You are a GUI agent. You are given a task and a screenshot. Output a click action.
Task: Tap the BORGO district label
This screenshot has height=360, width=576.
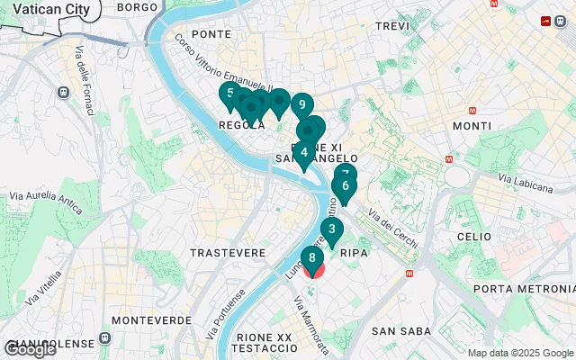point(137,6)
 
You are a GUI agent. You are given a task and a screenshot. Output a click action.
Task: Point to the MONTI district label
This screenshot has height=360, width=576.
point(472,125)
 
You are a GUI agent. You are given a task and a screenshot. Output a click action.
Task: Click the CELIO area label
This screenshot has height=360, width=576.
point(473,236)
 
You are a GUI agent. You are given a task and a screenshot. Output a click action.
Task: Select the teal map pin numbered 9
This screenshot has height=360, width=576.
point(301,104)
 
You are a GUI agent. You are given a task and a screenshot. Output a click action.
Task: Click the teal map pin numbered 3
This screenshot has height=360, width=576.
point(332,229)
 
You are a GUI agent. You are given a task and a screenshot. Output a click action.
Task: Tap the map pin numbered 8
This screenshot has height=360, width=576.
point(311,259)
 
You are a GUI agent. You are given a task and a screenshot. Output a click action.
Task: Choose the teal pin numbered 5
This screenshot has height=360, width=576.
point(230,94)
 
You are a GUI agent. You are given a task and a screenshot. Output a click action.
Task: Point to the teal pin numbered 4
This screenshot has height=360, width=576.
point(305,153)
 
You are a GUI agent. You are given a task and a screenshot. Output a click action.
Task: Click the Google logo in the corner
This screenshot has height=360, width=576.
point(29,349)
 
